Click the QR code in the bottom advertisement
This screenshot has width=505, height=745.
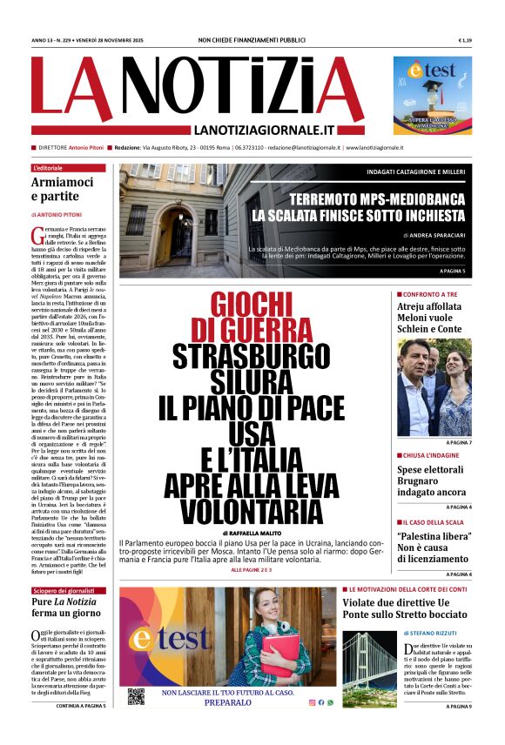(x=135, y=695)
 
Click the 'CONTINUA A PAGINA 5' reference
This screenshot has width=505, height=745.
(x=81, y=706)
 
